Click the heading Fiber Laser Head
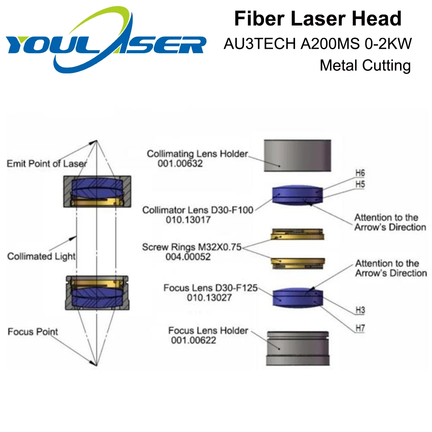[318, 19]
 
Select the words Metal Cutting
[365, 65]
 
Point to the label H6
[360, 173]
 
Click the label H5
[360, 184]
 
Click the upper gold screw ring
[297, 235]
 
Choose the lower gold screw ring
[297, 262]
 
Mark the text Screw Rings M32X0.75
[192, 248]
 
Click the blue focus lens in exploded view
[297, 297]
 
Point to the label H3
[360, 310]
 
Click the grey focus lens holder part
[297, 348]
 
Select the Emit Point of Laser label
[47, 163]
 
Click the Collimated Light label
[41, 256]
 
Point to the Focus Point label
[33, 332]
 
